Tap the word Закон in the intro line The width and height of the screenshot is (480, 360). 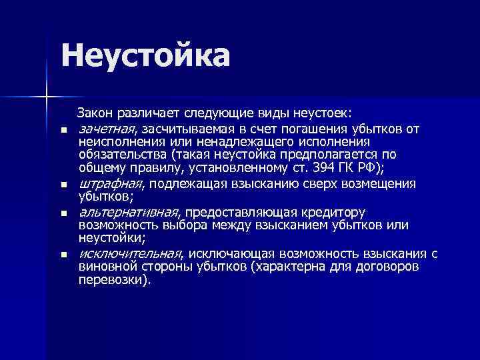pos(97,112)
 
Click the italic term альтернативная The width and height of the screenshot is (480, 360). pos(129,212)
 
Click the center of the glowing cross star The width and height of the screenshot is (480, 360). pos(47,97)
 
